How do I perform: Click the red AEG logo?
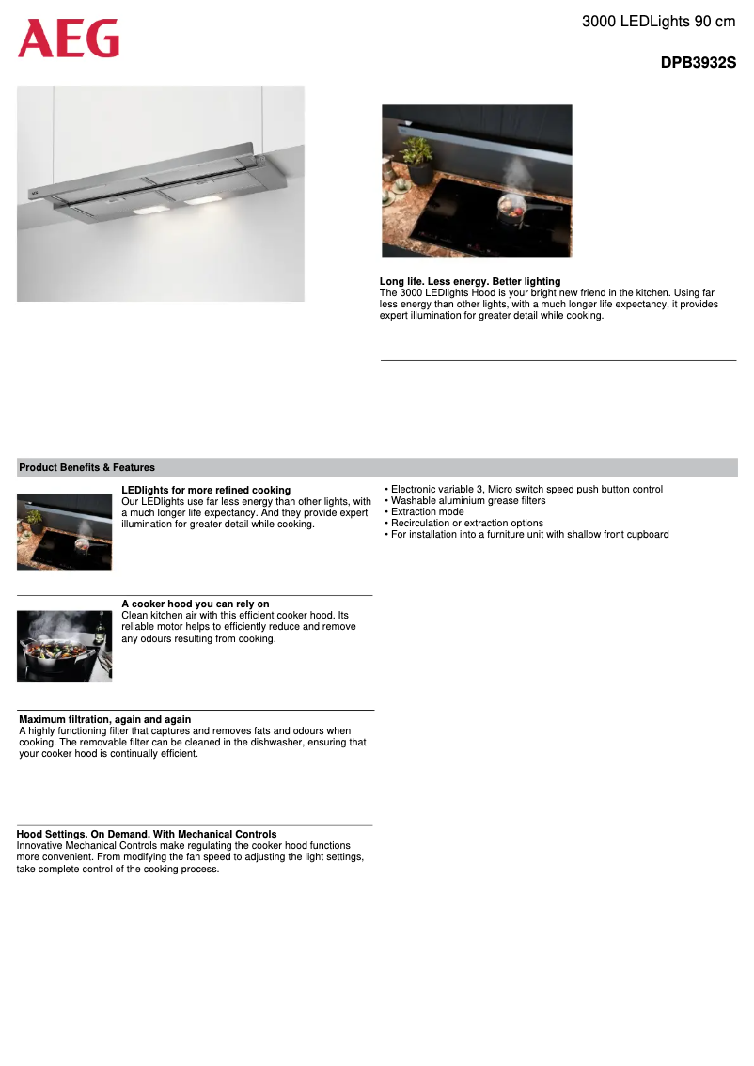tap(69, 39)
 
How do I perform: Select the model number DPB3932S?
tap(698, 64)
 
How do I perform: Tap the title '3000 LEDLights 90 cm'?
tap(658, 21)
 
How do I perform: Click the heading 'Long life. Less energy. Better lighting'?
tap(470, 281)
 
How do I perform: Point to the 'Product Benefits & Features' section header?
tap(86, 467)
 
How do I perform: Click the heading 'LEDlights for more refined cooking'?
tap(206, 490)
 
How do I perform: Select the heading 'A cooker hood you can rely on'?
tap(196, 604)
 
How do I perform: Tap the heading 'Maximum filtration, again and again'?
tap(105, 719)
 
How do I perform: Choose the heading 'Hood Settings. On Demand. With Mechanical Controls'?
tap(147, 834)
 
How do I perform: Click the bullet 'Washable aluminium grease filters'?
tap(467, 501)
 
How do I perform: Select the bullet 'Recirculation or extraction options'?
tap(466, 524)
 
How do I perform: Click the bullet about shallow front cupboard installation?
tap(529, 535)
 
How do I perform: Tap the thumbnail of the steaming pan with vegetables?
tap(64, 646)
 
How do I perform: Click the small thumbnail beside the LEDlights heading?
tap(64, 532)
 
